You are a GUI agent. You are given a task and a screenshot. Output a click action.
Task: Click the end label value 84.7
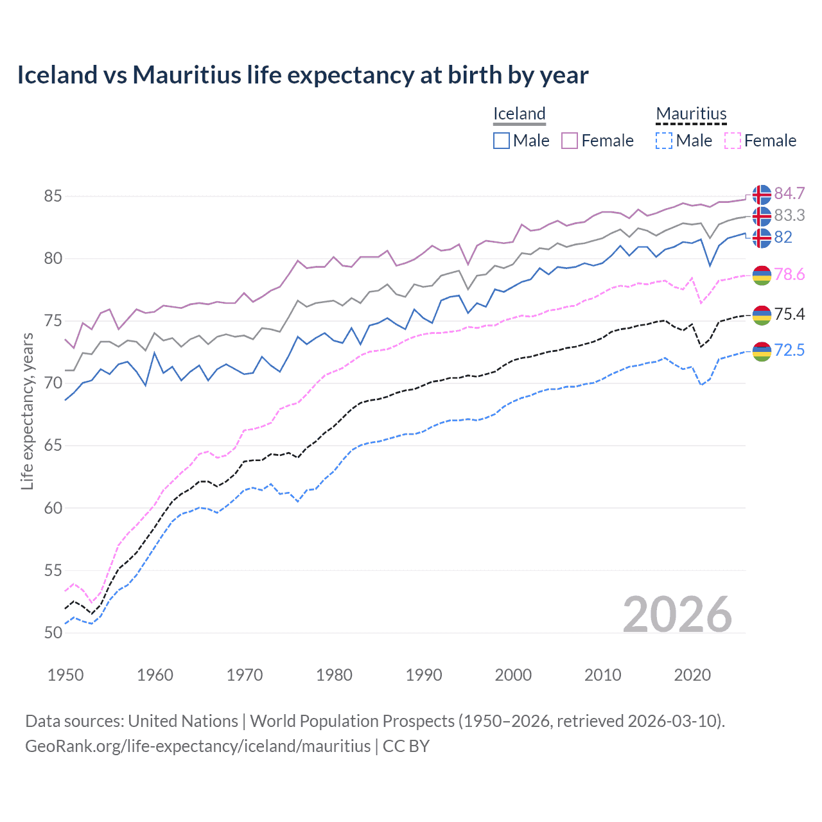coord(789,194)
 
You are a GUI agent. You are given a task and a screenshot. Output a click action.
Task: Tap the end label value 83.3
coord(789,216)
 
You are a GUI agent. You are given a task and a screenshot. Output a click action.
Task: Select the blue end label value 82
coord(783,238)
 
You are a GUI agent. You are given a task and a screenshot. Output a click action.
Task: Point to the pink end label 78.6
coord(789,275)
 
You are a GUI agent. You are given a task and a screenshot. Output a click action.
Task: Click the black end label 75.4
coord(789,314)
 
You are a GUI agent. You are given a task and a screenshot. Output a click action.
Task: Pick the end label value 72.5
coord(789,350)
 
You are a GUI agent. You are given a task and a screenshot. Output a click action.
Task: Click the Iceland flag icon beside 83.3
coord(762,216)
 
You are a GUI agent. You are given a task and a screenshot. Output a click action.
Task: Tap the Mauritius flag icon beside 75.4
coord(762,314)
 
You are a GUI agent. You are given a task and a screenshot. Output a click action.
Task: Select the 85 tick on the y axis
coord(53,196)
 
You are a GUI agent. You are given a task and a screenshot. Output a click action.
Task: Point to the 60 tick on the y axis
coord(53,508)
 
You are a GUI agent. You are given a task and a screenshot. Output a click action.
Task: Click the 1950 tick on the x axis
coord(66,675)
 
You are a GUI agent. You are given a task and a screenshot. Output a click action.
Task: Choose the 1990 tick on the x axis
coord(424,675)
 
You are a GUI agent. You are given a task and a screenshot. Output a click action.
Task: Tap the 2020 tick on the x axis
coord(692,675)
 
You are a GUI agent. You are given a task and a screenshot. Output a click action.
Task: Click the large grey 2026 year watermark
coord(678,615)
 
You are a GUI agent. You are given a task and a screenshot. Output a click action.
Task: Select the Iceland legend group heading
coord(520,114)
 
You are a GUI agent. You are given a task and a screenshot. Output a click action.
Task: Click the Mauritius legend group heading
coord(691,114)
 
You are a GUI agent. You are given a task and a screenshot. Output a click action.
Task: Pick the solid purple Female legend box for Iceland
coord(570,141)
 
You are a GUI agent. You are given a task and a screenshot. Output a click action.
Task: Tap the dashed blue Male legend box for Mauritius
coord(664,141)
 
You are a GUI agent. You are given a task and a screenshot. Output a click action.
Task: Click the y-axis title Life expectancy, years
coord(27,411)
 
